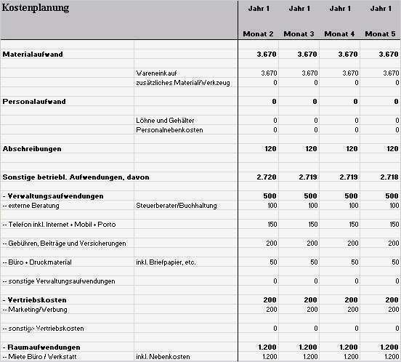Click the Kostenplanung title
pyautogui.click(x=36, y=8)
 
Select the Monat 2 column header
pyautogui.click(x=258, y=34)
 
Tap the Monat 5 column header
pyautogui.click(x=381, y=34)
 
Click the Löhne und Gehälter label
pyautogui.click(x=165, y=120)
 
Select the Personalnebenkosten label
pyautogui.click(x=169, y=130)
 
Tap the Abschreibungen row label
pyautogui.click(x=32, y=148)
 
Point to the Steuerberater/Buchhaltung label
pyautogui.click(x=177, y=206)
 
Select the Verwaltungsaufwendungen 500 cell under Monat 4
pyautogui.click(x=350, y=196)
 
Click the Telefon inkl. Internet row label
pyautogui.click(x=59, y=224)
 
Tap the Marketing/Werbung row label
pyautogui.click(x=41, y=310)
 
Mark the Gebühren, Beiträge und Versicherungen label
pyautogui.click(x=65, y=243)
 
